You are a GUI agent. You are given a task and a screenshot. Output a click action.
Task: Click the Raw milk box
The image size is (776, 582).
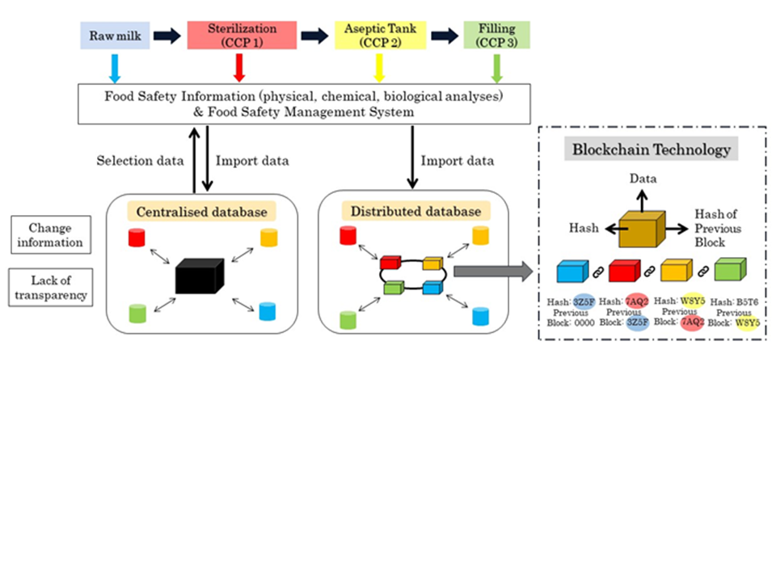[114, 35]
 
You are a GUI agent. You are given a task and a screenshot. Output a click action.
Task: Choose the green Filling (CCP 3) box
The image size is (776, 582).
[496, 35]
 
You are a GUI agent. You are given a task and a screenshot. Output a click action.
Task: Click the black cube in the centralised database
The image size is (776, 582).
[197, 276]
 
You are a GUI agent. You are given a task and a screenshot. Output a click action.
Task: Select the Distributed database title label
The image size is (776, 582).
[416, 212]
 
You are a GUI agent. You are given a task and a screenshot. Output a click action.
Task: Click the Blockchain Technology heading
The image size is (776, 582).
[652, 150]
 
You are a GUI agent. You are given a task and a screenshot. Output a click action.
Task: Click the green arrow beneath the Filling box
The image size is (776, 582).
[496, 69]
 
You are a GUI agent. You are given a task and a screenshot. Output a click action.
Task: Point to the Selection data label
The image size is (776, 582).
[140, 161]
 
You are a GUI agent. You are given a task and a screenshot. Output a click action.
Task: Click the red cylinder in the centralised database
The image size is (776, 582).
[136, 238]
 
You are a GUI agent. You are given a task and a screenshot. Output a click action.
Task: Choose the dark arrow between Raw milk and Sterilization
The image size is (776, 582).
[167, 35]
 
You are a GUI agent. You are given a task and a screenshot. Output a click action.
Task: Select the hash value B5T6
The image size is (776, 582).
[746, 302]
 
